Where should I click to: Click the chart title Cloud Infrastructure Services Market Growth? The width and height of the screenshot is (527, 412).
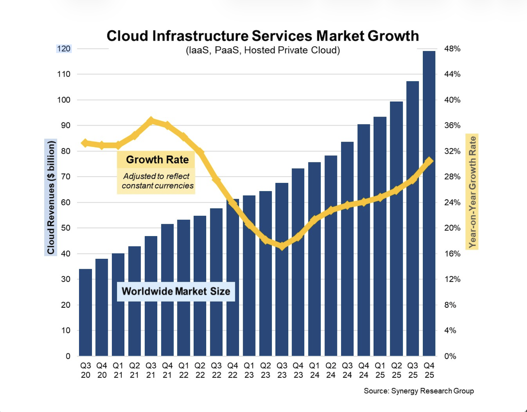coord(262,36)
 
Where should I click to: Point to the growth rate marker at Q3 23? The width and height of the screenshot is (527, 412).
coord(282,246)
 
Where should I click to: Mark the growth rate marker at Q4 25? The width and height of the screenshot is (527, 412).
coord(429,161)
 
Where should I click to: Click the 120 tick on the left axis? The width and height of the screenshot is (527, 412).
coord(64,49)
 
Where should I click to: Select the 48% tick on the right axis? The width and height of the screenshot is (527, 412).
coord(452,49)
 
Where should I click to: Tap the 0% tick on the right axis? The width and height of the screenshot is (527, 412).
coord(450,356)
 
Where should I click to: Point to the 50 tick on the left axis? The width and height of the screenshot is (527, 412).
coord(66,228)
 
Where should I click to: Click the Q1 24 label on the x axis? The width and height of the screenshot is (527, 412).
coord(314,370)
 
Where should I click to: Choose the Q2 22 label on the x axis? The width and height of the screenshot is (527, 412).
coord(200,370)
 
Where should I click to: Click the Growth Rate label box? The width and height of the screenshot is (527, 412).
coord(157,160)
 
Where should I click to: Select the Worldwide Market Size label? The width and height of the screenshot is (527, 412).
coord(176,291)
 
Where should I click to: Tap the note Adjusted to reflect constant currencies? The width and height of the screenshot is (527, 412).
coord(157,181)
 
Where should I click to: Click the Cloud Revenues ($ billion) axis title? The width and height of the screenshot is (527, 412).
coord(51,198)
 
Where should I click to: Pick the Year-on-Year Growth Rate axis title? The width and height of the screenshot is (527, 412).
coord(472,192)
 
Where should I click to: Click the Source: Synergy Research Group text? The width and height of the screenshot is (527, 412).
coord(419,391)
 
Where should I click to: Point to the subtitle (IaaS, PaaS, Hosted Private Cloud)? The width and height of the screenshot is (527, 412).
coord(262,50)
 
